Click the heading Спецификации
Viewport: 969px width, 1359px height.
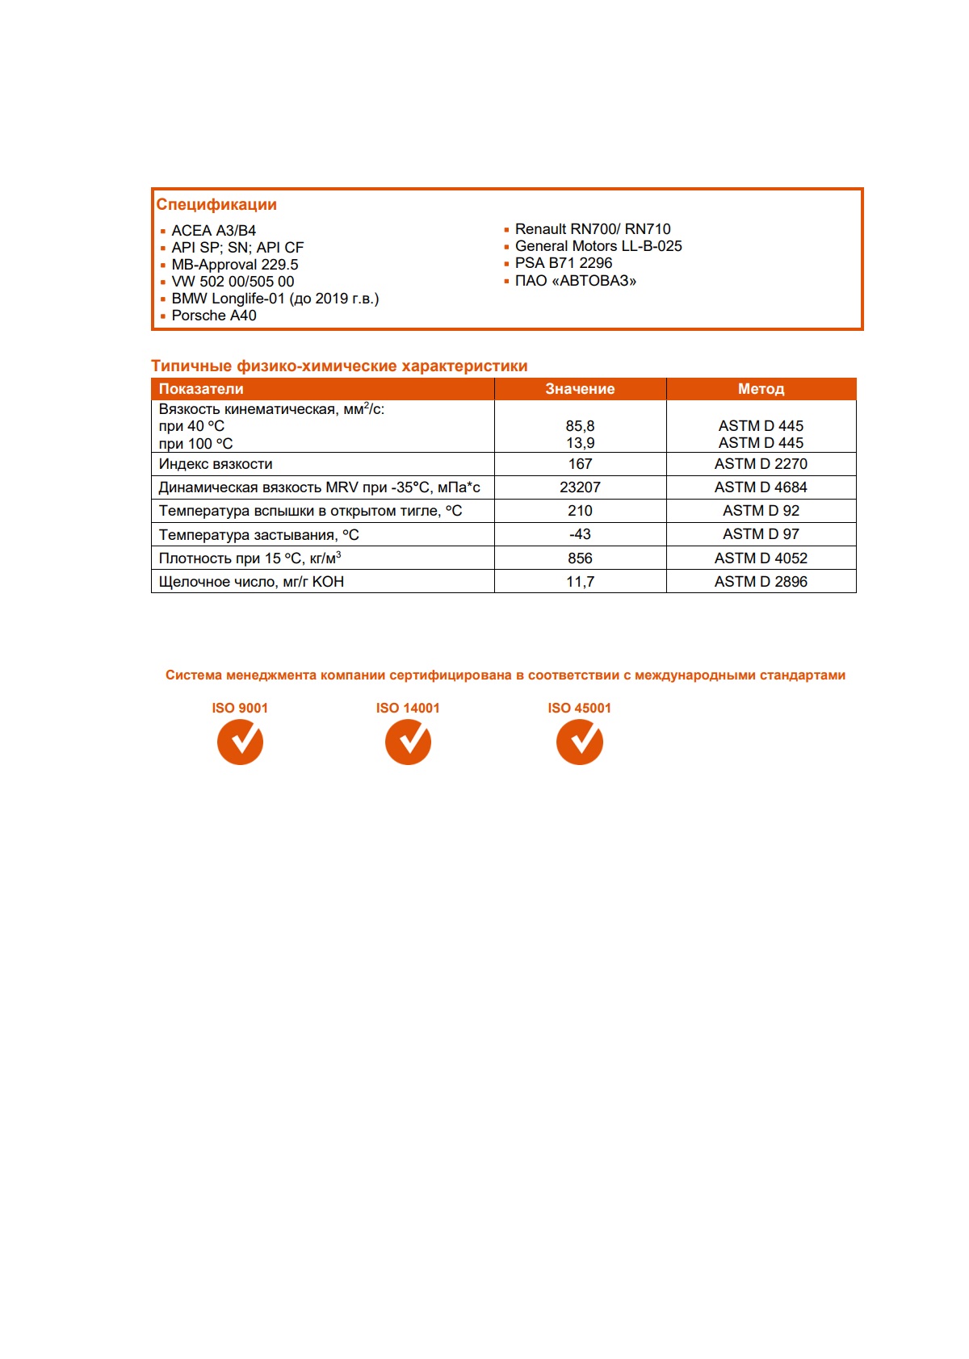click(216, 205)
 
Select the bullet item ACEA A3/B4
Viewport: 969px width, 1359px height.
click(213, 231)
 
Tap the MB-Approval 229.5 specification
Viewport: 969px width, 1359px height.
click(234, 265)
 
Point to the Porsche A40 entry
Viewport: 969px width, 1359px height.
click(213, 316)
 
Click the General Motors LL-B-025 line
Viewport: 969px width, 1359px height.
click(598, 246)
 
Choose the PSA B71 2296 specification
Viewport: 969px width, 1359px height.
click(563, 263)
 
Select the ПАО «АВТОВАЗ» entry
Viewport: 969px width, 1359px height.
click(575, 281)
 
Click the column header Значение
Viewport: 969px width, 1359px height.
click(580, 389)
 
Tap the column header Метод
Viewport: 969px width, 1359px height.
click(761, 389)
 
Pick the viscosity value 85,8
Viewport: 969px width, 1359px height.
click(580, 426)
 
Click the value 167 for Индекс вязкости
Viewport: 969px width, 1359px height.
click(580, 464)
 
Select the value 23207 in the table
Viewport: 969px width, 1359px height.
click(580, 487)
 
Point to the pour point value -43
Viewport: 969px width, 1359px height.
click(580, 534)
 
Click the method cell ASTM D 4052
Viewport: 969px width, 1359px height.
click(761, 558)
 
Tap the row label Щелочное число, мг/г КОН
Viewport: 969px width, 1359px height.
click(251, 582)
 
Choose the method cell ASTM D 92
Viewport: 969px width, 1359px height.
click(761, 511)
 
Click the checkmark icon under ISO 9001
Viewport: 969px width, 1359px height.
click(240, 742)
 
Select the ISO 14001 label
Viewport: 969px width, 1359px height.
click(408, 708)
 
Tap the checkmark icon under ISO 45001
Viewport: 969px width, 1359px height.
click(580, 742)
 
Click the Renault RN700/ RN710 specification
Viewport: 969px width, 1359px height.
click(592, 229)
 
